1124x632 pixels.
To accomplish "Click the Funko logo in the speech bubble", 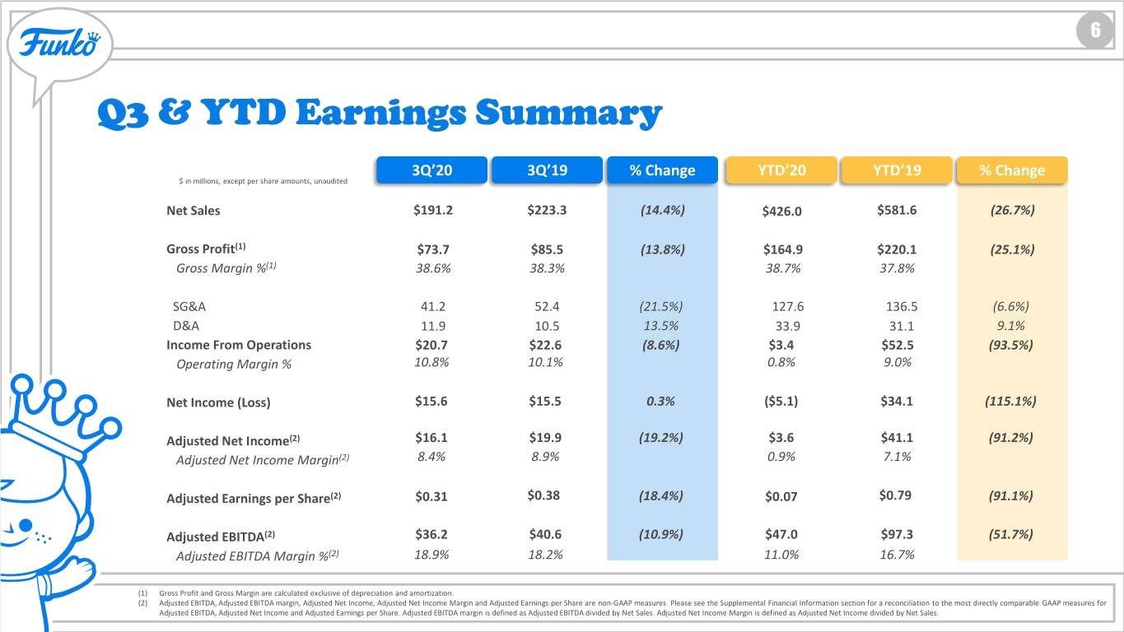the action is [x=60, y=43].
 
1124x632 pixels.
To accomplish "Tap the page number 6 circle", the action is [x=1095, y=30].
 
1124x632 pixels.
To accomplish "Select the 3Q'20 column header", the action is [x=431, y=170].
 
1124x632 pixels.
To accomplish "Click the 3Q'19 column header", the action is [x=547, y=170].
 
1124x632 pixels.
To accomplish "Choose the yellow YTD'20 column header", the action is [x=781, y=170].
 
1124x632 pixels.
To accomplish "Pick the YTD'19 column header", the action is [x=897, y=170].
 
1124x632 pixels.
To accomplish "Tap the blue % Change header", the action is [x=662, y=170].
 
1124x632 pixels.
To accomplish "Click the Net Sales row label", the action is [x=194, y=211].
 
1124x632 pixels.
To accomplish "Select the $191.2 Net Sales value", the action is [x=432, y=210].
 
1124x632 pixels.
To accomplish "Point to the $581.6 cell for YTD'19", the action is [x=897, y=210].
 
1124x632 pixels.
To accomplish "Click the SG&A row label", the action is [x=189, y=306].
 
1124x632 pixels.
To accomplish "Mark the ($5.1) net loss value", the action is [x=781, y=402].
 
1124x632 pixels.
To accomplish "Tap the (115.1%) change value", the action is [x=1010, y=402].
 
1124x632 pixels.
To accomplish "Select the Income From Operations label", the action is [x=239, y=345].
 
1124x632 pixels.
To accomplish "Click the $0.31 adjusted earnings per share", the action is [x=431, y=496].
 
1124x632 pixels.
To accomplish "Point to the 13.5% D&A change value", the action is [x=661, y=326].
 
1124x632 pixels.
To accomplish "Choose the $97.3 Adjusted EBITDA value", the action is [x=897, y=534].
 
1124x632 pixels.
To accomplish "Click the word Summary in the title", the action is [x=568, y=114].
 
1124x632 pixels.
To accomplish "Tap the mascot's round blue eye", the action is [x=25, y=525].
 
